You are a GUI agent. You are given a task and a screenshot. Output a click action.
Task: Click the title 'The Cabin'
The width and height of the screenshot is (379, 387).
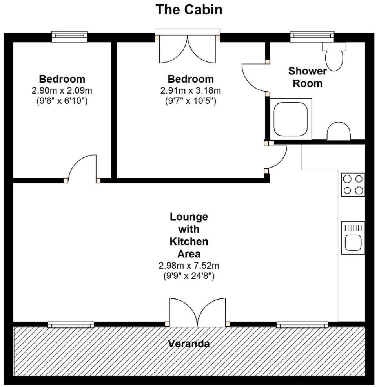pyautogui.click(x=189, y=10)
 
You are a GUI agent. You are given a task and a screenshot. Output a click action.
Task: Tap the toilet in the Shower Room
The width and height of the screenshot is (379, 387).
pyautogui.click(x=334, y=57)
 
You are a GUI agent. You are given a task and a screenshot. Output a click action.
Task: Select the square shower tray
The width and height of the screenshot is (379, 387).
pyautogui.click(x=290, y=119)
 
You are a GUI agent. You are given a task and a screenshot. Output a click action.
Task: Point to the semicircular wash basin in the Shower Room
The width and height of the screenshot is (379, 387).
pyautogui.click(x=339, y=131)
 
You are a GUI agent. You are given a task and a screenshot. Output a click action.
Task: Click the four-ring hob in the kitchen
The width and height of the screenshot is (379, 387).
pyautogui.click(x=353, y=184)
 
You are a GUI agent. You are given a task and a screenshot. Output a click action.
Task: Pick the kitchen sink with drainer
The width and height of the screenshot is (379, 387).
pyautogui.click(x=353, y=238)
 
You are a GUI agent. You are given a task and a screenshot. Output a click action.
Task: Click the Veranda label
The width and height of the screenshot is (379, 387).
pyautogui.click(x=189, y=344)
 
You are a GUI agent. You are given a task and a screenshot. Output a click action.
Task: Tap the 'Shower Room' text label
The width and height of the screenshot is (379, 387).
pyautogui.click(x=308, y=77)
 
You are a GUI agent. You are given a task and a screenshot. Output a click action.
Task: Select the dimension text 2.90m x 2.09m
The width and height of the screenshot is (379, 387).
pyautogui.click(x=62, y=90)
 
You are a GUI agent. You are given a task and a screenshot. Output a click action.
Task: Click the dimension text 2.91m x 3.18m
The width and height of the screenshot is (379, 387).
pyautogui.click(x=191, y=90)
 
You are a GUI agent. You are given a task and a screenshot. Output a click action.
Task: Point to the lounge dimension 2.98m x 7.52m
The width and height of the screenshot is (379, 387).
pyautogui.click(x=189, y=266)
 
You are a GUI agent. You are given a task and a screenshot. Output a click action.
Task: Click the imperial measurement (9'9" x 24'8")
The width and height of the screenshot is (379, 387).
pyautogui.click(x=189, y=276)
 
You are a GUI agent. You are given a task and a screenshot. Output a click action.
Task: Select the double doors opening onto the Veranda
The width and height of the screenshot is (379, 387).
pyautogui.click(x=197, y=313)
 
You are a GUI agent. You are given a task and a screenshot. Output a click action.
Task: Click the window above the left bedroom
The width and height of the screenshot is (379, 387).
pyautogui.click(x=70, y=36)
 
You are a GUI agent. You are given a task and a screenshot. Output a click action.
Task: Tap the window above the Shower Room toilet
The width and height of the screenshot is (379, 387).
pyautogui.click(x=312, y=36)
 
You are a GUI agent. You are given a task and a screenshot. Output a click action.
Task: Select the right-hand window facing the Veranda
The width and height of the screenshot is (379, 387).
pyautogui.click(x=302, y=325)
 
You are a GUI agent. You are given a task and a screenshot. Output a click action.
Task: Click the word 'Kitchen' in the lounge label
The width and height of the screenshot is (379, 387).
pyautogui.click(x=189, y=242)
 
